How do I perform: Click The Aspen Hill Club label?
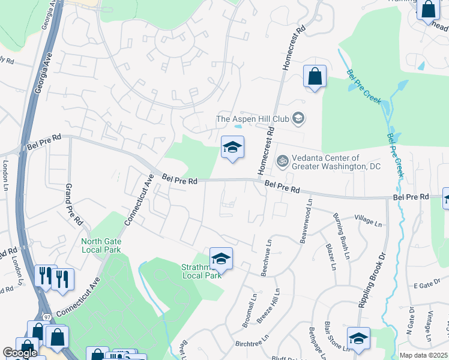(x=253, y=119)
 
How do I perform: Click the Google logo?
(x=20, y=353)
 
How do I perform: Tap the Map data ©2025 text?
(x=423, y=355)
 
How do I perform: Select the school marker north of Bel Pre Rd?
(x=232, y=147)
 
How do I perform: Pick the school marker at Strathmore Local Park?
(x=221, y=259)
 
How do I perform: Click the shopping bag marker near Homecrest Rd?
(x=315, y=76)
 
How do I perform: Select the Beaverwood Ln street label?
(x=305, y=222)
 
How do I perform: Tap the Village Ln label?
(x=368, y=221)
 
